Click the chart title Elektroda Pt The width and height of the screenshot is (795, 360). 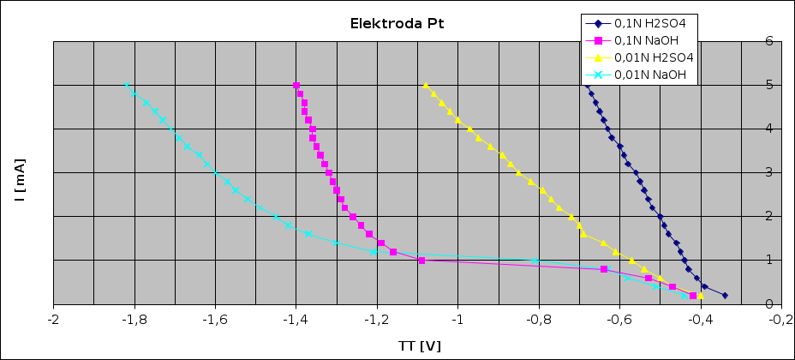(x=397, y=23)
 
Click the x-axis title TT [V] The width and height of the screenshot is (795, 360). (x=420, y=345)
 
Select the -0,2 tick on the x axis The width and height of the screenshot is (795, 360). (x=780, y=319)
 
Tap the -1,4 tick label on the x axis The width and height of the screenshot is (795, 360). (x=296, y=319)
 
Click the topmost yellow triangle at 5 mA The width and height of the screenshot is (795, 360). (x=426, y=86)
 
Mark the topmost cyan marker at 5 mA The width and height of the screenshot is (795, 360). (x=127, y=86)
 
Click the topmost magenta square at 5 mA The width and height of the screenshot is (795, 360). (x=296, y=86)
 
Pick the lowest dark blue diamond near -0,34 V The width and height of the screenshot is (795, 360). (x=725, y=295)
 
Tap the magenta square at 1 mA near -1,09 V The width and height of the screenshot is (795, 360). (x=421, y=261)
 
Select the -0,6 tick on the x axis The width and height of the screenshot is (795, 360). (x=619, y=319)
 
